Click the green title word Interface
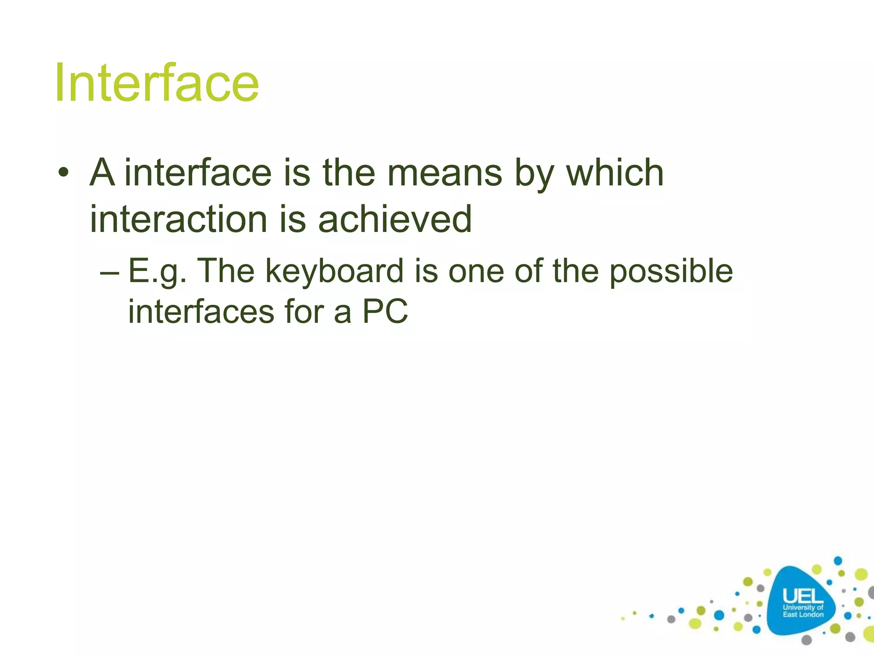(157, 83)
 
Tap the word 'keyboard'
(334, 272)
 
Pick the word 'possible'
(671, 272)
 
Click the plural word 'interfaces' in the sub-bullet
(201, 312)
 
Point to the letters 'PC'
(385, 312)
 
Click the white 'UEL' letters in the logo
(803, 596)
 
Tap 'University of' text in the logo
(803, 607)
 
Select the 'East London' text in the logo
(803, 614)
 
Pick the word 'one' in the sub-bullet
(475, 272)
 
